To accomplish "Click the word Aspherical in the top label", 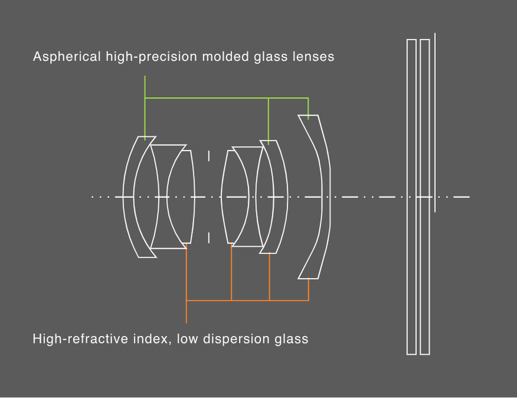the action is [x=67, y=57].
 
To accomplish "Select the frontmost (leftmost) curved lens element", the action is [x=129, y=197].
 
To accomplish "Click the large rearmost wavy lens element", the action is [x=325, y=197].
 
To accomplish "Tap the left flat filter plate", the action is [x=411, y=197].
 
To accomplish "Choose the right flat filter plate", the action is [x=425, y=197].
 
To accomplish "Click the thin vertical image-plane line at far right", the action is [x=435, y=122].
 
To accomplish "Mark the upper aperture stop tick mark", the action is [x=209, y=156].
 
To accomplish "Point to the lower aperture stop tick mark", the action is [x=209, y=238].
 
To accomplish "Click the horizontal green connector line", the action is [x=227, y=98].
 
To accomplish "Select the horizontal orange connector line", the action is [x=248, y=301].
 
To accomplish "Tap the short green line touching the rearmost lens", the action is [x=308, y=109].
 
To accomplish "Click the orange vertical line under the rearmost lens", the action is [x=309, y=290].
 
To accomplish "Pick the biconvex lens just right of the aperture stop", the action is [x=235, y=197].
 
